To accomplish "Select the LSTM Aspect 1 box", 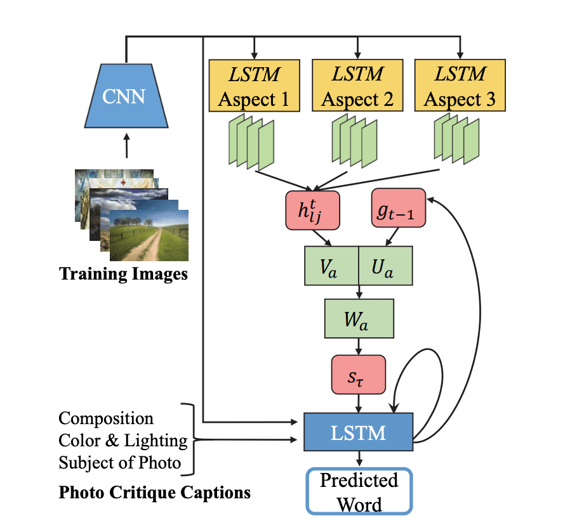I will click(x=254, y=86).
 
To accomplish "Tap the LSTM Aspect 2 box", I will click(x=358, y=86).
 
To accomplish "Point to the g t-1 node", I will click(x=398, y=207).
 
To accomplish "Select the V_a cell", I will click(x=332, y=266).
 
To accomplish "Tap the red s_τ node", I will click(x=358, y=374).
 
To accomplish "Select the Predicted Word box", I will click(x=359, y=491).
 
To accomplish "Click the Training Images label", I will click(x=123, y=275).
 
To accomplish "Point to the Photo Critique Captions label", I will click(x=154, y=492).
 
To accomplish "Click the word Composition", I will click(x=106, y=418).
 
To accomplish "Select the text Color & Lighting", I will click(x=123, y=440).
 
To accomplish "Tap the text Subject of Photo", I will click(x=120, y=462).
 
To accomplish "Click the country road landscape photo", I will click(x=150, y=235).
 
